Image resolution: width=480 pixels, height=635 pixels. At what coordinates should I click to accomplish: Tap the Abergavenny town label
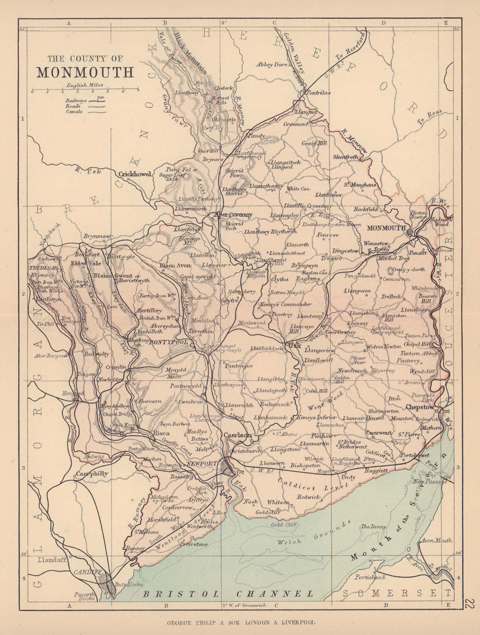coord(234,215)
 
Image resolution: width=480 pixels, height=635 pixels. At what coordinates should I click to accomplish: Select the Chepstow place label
coord(420,407)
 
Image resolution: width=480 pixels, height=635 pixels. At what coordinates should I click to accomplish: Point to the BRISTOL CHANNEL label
coord(228,593)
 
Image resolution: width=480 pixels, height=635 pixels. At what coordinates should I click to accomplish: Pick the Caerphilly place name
coord(92,473)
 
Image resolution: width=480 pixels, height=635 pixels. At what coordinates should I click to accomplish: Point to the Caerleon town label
coord(238,435)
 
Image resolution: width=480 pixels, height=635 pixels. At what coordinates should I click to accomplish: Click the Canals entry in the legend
coord(74,111)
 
